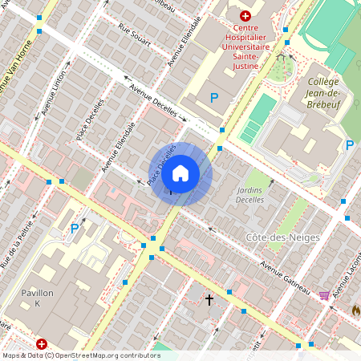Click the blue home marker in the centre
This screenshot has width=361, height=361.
click(x=180, y=172)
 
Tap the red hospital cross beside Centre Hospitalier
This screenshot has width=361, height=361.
click(x=245, y=15)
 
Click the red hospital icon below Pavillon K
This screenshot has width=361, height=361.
click(x=42, y=343)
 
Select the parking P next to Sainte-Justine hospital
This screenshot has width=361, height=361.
click(x=213, y=98)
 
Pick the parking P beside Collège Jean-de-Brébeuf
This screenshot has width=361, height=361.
click(x=350, y=145)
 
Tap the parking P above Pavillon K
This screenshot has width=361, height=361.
click(x=75, y=229)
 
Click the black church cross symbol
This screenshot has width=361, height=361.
click(x=209, y=300)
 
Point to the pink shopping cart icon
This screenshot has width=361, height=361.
click(x=324, y=295)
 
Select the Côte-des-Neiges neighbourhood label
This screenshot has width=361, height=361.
click(x=282, y=237)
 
